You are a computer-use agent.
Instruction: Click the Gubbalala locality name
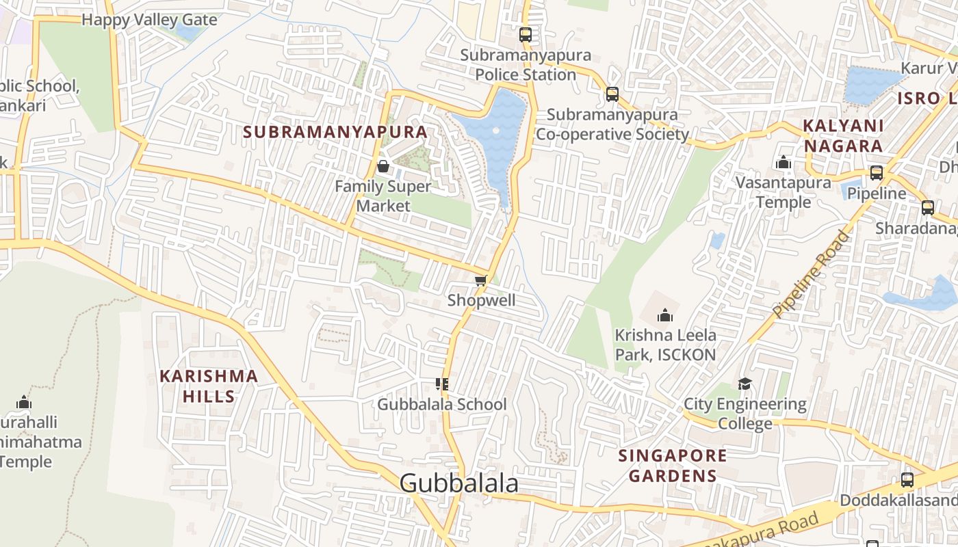point(458,483)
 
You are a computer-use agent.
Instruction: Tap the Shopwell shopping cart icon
point(481,281)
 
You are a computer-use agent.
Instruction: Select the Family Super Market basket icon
point(383,166)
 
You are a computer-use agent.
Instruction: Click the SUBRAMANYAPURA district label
point(335,132)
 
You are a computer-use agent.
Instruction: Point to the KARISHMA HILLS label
point(209,386)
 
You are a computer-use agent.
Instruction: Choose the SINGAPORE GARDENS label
point(673,466)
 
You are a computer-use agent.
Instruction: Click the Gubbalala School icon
point(442,384)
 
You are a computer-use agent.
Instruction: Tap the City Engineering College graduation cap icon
point(745,384)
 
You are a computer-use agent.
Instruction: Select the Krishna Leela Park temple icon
point(664,315)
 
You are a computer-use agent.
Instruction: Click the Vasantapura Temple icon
point(784,163)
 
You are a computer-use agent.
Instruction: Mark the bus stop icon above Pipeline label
point(876,173)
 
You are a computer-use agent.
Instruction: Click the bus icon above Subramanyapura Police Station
point(525,34)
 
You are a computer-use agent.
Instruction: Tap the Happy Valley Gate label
point(149,19)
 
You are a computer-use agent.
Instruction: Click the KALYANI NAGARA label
point(843,135)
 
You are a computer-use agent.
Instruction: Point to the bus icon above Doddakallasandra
point(907,480)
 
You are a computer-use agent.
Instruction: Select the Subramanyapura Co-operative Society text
point(612,124)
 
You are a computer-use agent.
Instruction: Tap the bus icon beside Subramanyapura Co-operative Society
point(612,94)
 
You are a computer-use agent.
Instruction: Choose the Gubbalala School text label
point(442,404)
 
